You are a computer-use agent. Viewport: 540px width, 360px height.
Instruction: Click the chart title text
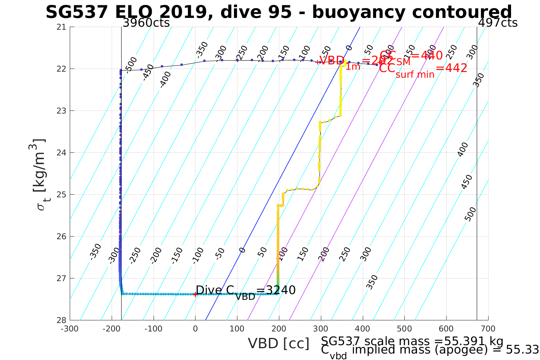coord(279,12)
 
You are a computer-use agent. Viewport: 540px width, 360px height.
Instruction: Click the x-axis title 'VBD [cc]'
coord(279,343)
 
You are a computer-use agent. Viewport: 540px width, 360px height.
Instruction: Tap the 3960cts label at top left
coord(146,23)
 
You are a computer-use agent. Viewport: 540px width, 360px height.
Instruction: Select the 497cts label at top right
coord(498,23)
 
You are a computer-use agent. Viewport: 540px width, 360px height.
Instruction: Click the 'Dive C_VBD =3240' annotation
coord(245,291)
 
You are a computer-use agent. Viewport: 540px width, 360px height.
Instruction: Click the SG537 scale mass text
coord(412,341)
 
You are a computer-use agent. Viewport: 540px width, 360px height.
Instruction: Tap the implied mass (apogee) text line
coord(429,350)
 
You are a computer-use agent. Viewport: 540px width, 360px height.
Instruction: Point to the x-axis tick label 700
coord(488,329)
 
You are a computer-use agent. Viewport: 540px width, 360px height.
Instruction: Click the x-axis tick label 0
coord(195,329)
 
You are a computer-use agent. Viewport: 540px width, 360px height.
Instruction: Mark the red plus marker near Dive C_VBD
coord(195,294)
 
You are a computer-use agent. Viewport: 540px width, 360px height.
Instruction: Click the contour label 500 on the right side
coord(470,214)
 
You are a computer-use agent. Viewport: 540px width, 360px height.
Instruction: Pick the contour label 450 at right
coord(466,182)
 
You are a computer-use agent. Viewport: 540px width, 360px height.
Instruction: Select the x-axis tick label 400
coord(362,329)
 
